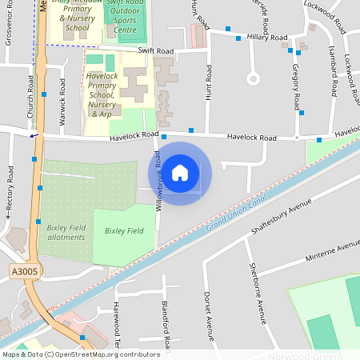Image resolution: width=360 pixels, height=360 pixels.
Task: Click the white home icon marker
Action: point(180,172)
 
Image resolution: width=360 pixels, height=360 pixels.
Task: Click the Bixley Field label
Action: point(124,230)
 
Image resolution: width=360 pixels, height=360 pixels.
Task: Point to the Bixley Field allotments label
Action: point(66,233)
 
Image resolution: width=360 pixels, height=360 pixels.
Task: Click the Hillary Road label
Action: point(268,38)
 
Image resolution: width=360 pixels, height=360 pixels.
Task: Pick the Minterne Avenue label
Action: point(333,253)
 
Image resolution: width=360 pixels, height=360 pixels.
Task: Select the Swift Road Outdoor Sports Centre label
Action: point(126,17)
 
